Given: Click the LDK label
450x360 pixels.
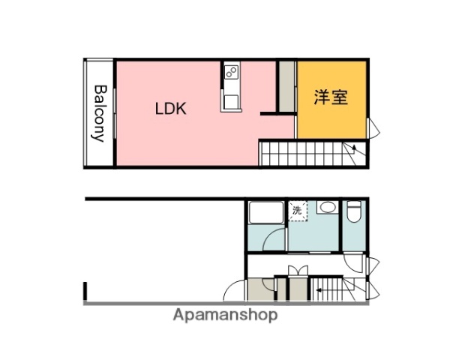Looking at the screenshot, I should (170, 108).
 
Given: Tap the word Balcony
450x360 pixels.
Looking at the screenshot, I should (98, 112).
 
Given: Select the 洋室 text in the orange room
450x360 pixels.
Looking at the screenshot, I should (331, 97).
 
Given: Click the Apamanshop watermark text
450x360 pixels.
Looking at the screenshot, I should (225, 315).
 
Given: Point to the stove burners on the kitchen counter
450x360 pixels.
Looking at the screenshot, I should (231, 73).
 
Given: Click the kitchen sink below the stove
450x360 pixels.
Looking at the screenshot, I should (231, 99).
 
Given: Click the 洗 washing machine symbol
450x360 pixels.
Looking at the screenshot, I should (297, 211).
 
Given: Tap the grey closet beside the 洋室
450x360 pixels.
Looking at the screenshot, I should (286, 85).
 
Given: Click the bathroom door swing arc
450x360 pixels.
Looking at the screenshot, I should (277, 241).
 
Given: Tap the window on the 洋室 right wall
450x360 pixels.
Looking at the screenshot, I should (373, 129).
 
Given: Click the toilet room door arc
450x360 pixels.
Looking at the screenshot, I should (353, 263).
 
